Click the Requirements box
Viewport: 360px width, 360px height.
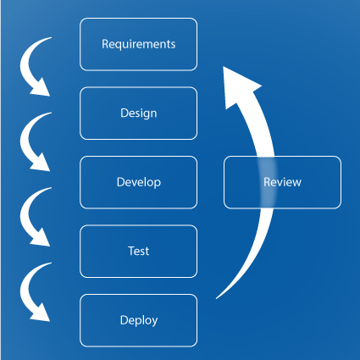[138, 44]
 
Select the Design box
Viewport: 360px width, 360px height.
[138, 113]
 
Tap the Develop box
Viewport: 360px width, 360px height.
[138, 182]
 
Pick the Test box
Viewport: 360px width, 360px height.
[138, 251]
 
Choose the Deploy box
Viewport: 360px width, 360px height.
[138, 320]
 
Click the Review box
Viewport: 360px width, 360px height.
[282, 182]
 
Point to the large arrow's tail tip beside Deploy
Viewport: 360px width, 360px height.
[218, 297]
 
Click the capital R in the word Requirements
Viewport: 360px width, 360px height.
[105, 44]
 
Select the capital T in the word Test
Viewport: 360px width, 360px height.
[130, 251]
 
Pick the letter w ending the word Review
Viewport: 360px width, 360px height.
[296, 182]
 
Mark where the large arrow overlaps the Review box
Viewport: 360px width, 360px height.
[267, 182]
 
